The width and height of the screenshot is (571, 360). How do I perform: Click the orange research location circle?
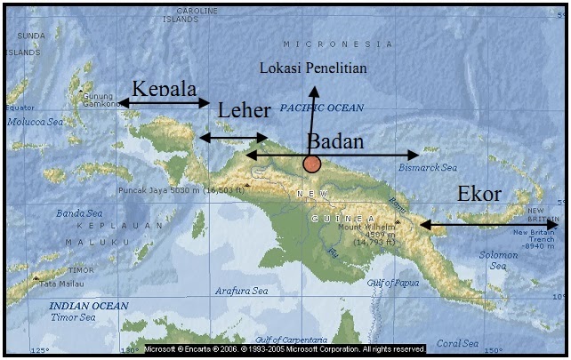click(311, 164)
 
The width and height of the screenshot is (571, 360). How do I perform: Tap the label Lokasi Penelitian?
click(312, 68)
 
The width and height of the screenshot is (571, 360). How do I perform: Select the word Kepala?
click(164, 88)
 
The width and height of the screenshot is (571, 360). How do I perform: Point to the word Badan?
click(336, 140)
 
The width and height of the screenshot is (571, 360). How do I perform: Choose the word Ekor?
click(479, 195)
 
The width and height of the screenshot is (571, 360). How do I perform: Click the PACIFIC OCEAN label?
click(322, 108)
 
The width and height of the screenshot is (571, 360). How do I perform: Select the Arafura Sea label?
click(241, 291)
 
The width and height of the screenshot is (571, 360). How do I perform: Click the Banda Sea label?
click(79, 213)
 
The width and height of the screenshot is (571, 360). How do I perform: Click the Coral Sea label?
click(457, 342)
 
